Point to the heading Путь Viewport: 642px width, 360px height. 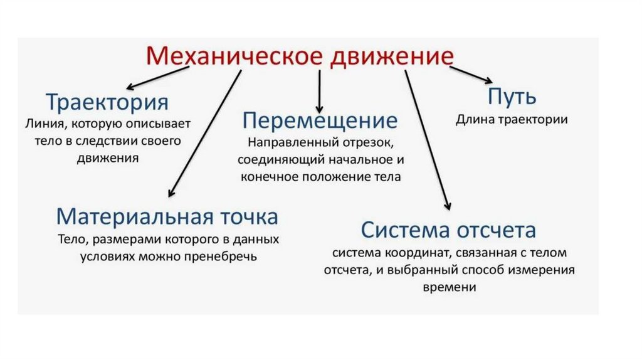click(512, 98)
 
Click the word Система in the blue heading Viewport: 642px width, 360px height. click(402, 230)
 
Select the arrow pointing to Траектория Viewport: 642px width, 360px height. click(157, 78)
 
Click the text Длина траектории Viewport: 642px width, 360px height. click(512, 120)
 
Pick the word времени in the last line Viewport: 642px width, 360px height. click(449, 287)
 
